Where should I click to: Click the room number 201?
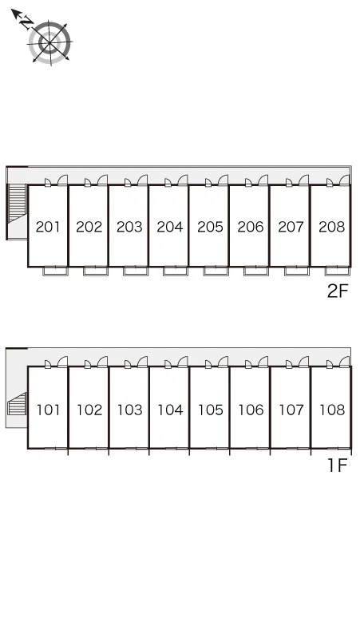click(48, 227)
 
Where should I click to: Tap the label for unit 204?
click(170, 227)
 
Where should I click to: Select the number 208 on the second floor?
click(331, 227)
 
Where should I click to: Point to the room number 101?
click(49, 410)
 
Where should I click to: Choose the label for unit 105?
click(211, 410)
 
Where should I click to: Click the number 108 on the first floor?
click(332, 410)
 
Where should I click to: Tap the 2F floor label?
click(338, 291)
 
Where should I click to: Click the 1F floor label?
click(338, 465)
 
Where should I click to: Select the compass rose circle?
click(50, 42)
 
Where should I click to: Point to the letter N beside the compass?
click(27, 22)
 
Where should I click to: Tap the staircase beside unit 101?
click(17, 404)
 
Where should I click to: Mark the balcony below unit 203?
click(136, 271)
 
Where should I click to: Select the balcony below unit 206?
click(256, 271)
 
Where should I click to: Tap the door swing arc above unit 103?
click(143, 361)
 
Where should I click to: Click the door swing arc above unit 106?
click(263, 361)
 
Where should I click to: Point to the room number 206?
click(251, 227)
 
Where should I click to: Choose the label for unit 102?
click(89, 410)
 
